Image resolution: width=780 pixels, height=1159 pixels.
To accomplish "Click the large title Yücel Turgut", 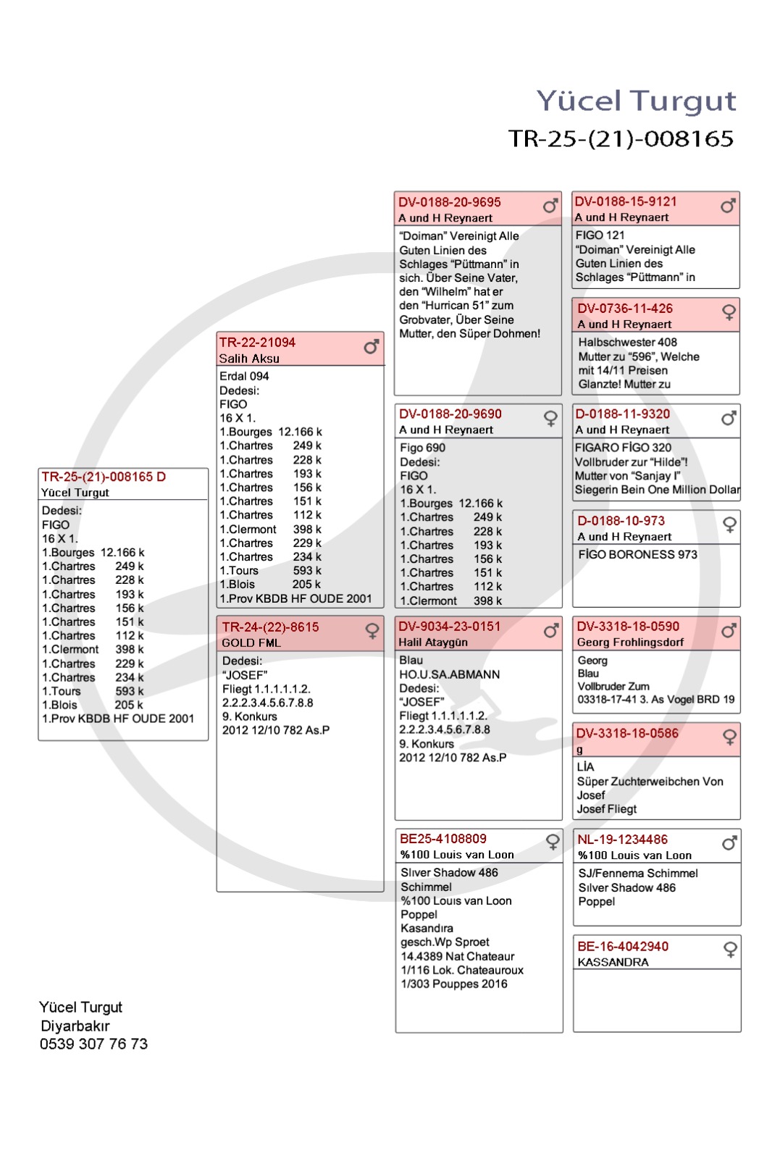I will click(x=636, y=101).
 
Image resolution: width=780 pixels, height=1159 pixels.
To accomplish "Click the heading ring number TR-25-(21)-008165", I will click(x=621, y=138).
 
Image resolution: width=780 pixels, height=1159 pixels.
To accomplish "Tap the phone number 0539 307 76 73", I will click(x=93, y=1044).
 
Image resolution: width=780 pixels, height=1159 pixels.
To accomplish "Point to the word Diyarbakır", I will click(x=75, y=1026).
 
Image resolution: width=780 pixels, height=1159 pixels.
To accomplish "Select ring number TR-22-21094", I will click(x=257, y=343).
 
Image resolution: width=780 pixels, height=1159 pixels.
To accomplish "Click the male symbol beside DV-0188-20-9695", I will click(x=550, y=206).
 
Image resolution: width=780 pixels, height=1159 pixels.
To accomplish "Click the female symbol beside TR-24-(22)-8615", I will click(x=372, y=631).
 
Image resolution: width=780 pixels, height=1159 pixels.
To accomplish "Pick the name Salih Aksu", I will click(x=249, y=359).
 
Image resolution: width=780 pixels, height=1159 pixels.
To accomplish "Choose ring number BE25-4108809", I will click(x=443, y=839).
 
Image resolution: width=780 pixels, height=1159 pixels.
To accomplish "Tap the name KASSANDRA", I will click(x=613, y=963).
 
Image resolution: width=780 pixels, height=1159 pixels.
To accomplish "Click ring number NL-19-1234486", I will click(x=622, y=840).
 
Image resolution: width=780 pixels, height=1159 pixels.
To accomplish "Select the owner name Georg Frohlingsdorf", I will click(x=630, y=643).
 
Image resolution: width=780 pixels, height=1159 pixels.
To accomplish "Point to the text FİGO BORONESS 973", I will click(x=637, y=555).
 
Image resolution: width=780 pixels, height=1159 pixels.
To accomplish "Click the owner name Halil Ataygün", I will click(x=433, y=643).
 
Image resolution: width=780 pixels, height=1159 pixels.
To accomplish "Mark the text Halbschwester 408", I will click(x=627, y=343).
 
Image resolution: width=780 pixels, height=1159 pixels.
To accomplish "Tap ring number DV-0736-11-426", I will click(x=625, y=309).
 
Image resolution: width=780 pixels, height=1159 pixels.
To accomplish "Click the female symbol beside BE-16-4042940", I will click(x=730, y=949).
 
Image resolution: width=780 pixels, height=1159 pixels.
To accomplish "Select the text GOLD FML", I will click(x=251, y=643).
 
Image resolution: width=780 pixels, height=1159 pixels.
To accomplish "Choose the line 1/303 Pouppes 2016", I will click(x=454, y=984).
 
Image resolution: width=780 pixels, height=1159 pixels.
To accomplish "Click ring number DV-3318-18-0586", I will click(x=627, y=734).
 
